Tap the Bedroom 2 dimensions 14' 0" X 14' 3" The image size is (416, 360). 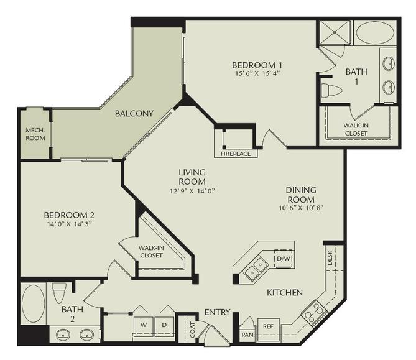[69, 224]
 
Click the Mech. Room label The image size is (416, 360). [34, 134]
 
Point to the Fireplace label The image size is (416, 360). [235, 153]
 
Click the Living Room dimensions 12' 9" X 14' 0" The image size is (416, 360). [192, 191]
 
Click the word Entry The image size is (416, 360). [217, 312]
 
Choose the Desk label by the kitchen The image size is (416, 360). [330, 254]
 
